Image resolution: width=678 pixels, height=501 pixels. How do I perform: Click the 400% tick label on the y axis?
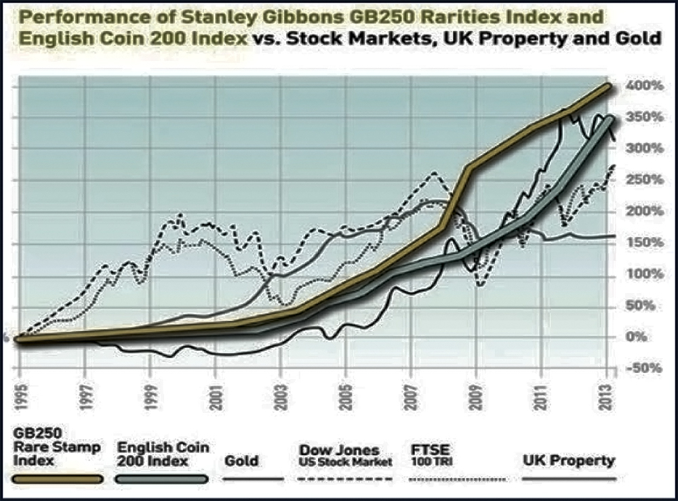[x=639, y=87]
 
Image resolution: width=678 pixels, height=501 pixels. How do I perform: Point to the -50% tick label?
[x=639, y=369]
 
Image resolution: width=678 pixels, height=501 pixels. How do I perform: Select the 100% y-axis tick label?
[x=639, y=275]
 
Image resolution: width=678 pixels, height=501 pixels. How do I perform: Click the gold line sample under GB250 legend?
[x=57, y=479]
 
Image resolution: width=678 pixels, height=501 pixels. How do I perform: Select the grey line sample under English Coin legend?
[x=161, y=479]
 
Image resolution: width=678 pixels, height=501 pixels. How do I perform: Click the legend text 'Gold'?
[x=241, y=461]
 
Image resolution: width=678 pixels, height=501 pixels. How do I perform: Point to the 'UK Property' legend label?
[x=569, y=461]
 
